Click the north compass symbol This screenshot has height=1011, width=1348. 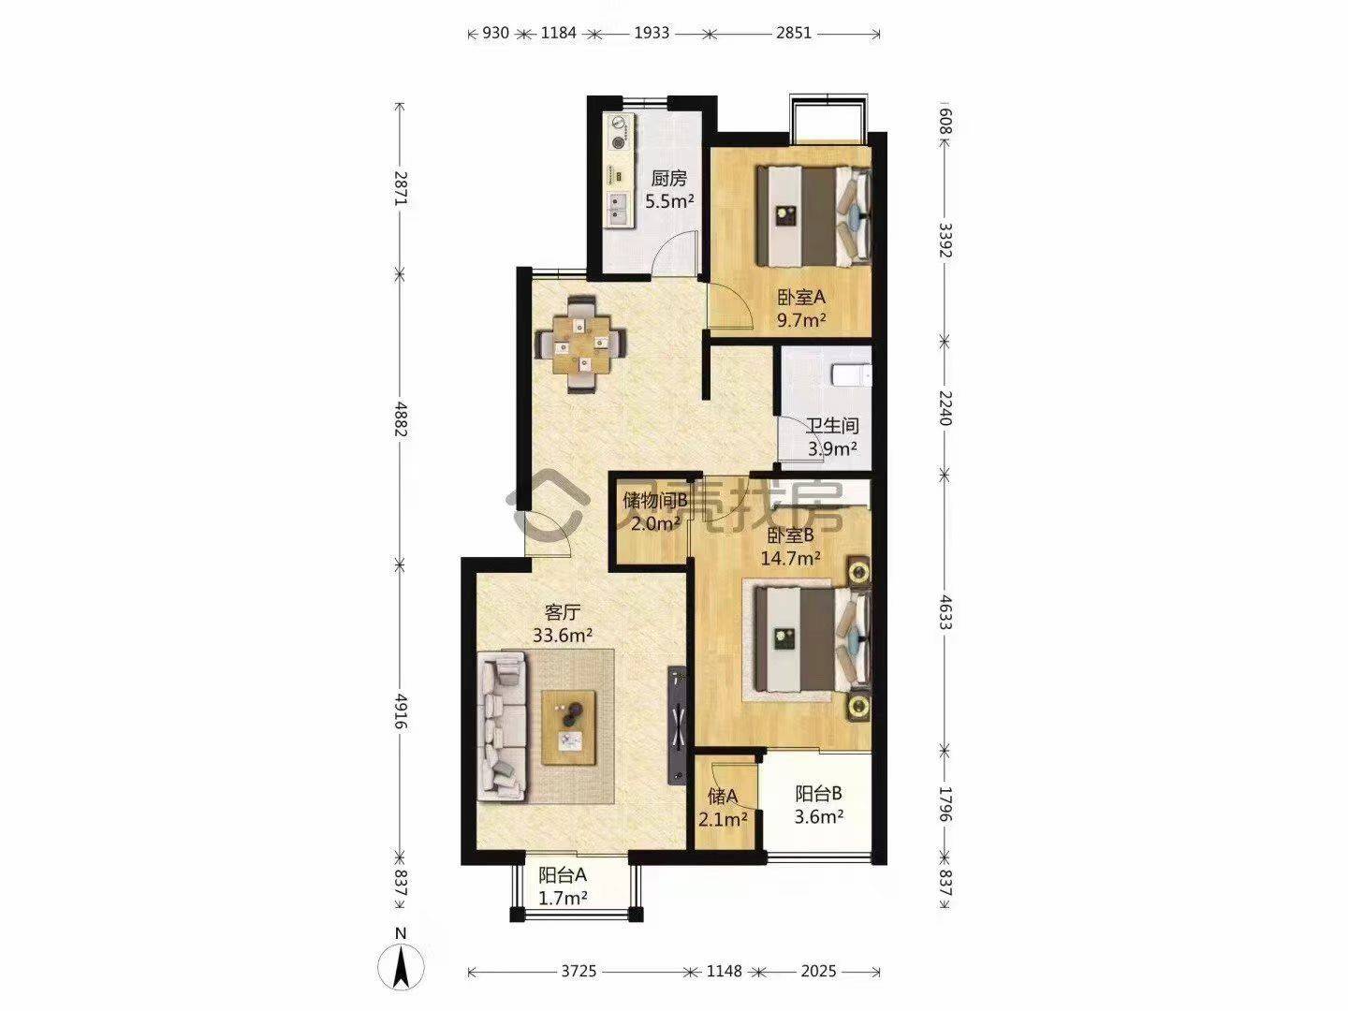tap(401, 968)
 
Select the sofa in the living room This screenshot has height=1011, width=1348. tap(503, 726)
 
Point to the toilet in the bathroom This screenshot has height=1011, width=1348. tap(851, 375)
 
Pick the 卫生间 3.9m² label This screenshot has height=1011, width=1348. tap(832, 436)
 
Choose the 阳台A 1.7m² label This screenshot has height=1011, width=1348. tap(563, 886)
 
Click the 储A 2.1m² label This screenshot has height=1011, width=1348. tap(722, 807)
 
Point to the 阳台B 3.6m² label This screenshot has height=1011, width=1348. tap(818, 805)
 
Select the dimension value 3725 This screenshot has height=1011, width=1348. tap(579, 971)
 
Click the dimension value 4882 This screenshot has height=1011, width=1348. tap(401, 419)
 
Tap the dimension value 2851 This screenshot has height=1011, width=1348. tap(794, 33)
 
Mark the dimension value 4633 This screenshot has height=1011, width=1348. tap(945, 612)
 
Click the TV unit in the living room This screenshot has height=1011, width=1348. tap(677, 725)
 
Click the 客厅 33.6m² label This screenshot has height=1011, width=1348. tap(562, 623)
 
